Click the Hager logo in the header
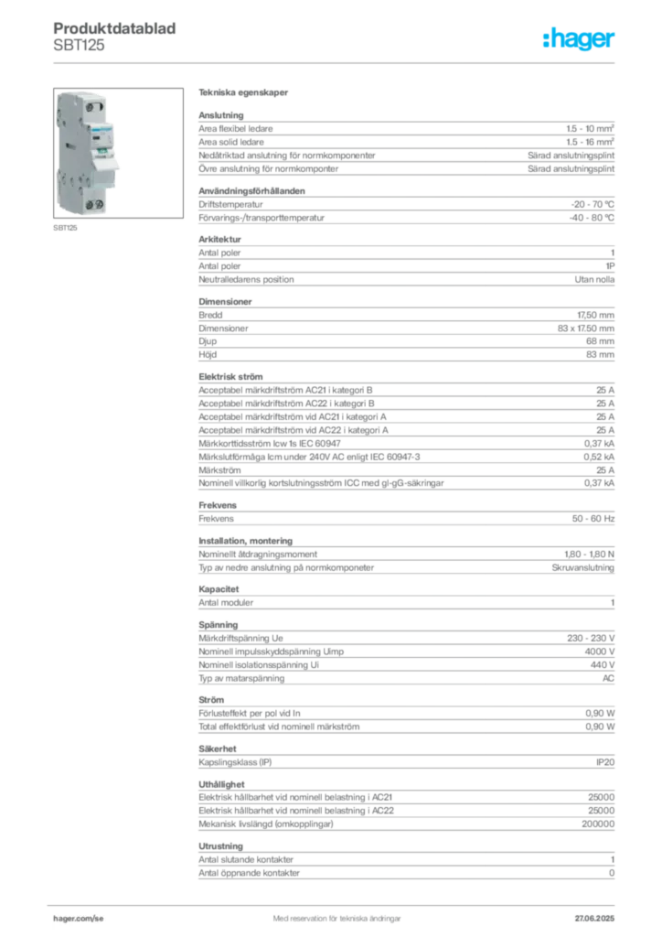[x=578, y=39]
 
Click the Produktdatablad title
[x=114, y=28]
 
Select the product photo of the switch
[x=118, y=153]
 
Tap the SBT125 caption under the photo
[x=65, y=228]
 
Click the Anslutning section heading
[x=221, y=115]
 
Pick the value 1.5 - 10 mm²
[x=590, y=128]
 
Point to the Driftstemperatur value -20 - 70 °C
[x=593, y=204]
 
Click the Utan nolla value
[x=594, y=279]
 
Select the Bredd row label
[x=210, y=315]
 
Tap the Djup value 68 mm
[x=600, y=341]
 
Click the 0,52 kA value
[x=599, y=457]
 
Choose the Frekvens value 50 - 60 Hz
[x=593, y=519]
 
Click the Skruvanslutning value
[x=582, y=567]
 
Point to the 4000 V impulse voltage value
[x=599, y=652]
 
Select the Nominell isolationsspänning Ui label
[x=259, y=665]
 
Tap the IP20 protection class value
[x=605, y=762]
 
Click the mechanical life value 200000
[x=598, y=824]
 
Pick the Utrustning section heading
[x=221, y=846]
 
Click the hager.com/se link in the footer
[x=79, y=919]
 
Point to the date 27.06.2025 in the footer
[x=594, y=919]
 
